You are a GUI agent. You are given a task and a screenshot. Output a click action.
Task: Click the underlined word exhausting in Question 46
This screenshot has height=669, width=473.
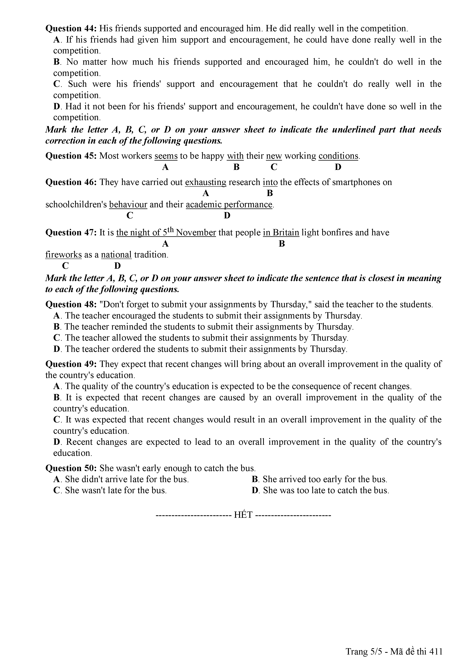(x=206, y=182)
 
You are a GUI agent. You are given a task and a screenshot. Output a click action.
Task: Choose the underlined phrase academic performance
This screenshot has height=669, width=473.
(x=229, y=205)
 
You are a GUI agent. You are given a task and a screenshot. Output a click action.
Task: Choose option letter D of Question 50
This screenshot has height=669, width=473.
(x=255, y=490)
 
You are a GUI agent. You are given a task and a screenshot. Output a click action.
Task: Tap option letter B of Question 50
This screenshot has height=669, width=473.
(x=255, y=479)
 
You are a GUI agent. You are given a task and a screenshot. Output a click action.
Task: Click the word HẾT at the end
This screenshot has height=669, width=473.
(x=243, y=515)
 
